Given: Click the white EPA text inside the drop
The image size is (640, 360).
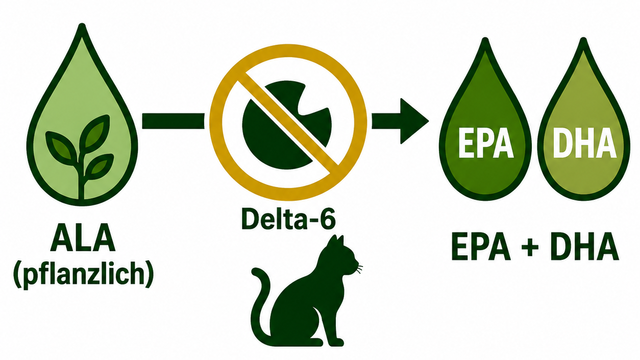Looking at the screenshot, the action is [x=486, y=143].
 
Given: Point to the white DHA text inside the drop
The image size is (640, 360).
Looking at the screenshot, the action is [x=584, y=143].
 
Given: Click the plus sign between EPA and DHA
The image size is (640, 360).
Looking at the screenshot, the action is [x=530, y=247].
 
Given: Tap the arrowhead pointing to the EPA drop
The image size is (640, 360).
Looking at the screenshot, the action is [x=414, y=121].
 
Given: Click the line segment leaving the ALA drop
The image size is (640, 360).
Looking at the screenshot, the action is [x=173, y=121].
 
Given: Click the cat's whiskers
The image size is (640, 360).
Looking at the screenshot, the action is [x=359, y=269].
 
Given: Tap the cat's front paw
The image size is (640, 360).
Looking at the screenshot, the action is [x=335, y=342].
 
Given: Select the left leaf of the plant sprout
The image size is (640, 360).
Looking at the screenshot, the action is [x=61, y=146].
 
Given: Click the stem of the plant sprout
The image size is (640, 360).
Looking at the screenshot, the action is [x=82, y=177].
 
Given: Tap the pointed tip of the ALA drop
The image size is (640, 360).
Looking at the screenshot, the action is [x=82, y=24].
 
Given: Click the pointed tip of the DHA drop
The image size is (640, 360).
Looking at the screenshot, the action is [x=584, y=39].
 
